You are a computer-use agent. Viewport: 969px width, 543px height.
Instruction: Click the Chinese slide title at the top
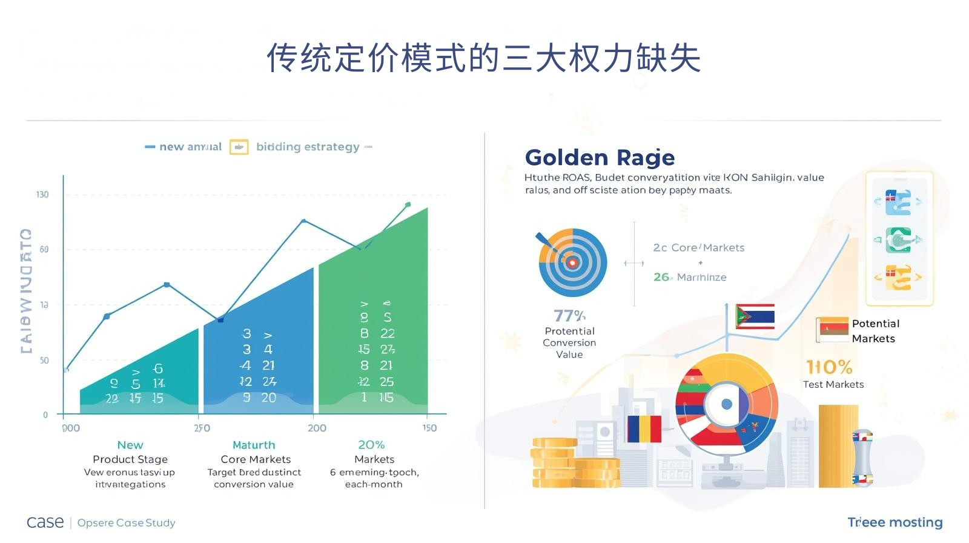pyautogui.click(x=484, y=58)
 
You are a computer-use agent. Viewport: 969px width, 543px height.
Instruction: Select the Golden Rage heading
pyautogui.click(x=600, y=158)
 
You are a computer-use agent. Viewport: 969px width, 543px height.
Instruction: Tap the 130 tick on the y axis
pyautogui.click(x=42, y=195)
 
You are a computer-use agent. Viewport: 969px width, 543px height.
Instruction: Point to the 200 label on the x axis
pyautogui.click(x=317, y=428)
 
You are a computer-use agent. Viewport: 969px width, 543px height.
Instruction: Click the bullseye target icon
pyautogui.click(x=572, y=262)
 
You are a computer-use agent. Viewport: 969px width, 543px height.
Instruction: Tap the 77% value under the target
pyautogui.click(x=569, y=316)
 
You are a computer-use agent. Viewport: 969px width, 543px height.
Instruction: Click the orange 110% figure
pyautogui.click(x=829, y=367)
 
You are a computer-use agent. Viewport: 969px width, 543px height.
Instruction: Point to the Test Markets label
pyautogui.click(x=833, y=384)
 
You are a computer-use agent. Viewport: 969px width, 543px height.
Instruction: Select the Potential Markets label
pyautogui.click(x=875, y=331)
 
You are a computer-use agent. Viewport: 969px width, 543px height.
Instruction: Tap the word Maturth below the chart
pyautogui.click(x=254, y=445)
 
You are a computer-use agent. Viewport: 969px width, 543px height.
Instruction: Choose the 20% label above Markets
pyautogui.click(x=371, y=445)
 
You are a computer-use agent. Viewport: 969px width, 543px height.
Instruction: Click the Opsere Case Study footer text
pyautogui.click(x=126, y=522)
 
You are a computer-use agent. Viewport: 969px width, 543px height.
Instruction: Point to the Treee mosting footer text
pyautogui.click(x=895, y=522)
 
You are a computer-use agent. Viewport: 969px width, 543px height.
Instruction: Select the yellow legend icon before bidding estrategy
pyautogui.click(x=239, y=147)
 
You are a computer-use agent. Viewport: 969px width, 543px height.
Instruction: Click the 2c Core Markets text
pyautogui.click(x=698, y=248)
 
